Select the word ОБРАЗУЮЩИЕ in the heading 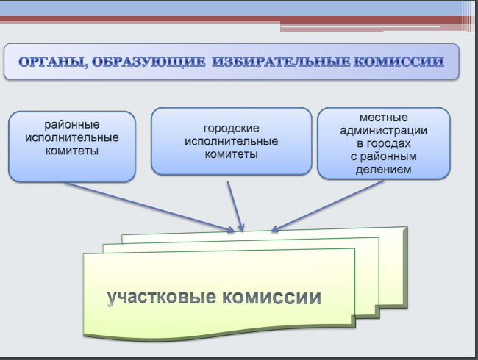click(x=149, y=62)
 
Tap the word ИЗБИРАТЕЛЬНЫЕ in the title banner click(x=281, y=62)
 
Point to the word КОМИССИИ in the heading click(x=399, y=62)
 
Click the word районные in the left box click(x=72, y=125)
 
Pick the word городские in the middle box click(x=232, y=129)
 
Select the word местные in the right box click(x=383, y=118)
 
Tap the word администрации click(x=383, y=131)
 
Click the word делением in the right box click(x=383, y=169)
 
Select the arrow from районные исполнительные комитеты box click(x=150, y=207)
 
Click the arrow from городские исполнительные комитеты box click(x=235, y=206)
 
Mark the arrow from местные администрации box click(x=327, y=206)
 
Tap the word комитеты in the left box click(x=72, y=151)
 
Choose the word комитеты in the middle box click(x=232, y=154)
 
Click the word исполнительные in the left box click(x=72, y=137)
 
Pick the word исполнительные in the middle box click(x=232, y=141)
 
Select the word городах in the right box click(x=389, y=143)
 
